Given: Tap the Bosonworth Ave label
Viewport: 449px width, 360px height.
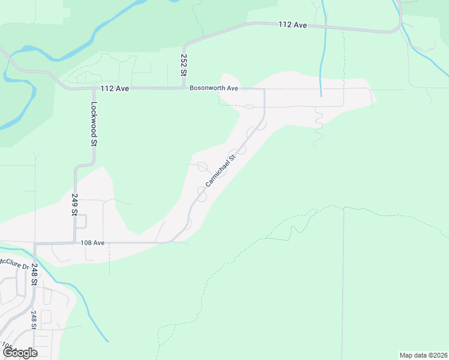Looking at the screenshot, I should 214,88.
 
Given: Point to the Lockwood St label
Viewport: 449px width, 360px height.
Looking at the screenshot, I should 94,124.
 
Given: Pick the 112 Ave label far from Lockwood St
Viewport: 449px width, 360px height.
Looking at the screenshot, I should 292,25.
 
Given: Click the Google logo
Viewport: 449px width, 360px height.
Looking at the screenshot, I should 20,352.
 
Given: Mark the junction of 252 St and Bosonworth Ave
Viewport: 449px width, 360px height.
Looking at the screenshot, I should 184,88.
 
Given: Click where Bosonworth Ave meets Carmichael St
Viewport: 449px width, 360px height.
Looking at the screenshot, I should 264,89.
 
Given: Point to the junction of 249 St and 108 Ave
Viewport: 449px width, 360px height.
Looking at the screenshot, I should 75,243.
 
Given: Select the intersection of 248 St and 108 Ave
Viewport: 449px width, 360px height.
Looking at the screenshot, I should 35,244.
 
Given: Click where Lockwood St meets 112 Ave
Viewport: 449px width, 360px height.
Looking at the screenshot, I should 94,89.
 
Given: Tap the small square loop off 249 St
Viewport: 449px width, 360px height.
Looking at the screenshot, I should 82,221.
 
